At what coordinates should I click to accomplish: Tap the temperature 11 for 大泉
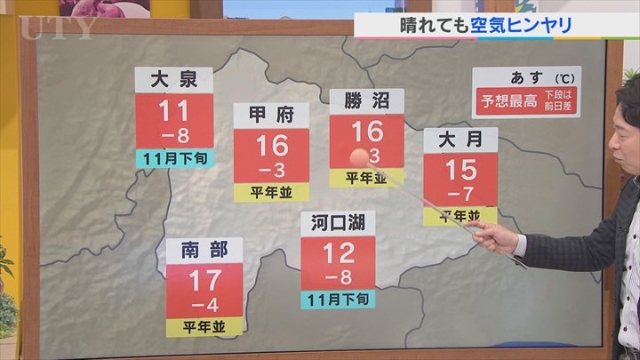tap(174, 112)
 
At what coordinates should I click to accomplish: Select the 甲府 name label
tap(271, 116)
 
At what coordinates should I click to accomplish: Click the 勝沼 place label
tap(366, 101)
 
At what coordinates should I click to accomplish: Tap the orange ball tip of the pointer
tap(357, 157)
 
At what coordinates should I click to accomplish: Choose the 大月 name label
tap(460, 140)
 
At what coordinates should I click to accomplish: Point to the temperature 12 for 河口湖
tap(338, 254)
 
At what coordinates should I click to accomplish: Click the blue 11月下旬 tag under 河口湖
tap(338, 299)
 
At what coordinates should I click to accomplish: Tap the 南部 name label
tap(204, 250)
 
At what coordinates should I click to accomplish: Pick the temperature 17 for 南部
tap(204, 282)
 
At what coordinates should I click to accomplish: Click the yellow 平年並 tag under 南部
tap(204, 326)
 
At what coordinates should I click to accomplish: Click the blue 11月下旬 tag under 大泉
tap(174, 159)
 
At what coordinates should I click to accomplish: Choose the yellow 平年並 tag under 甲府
tap(271, 192)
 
